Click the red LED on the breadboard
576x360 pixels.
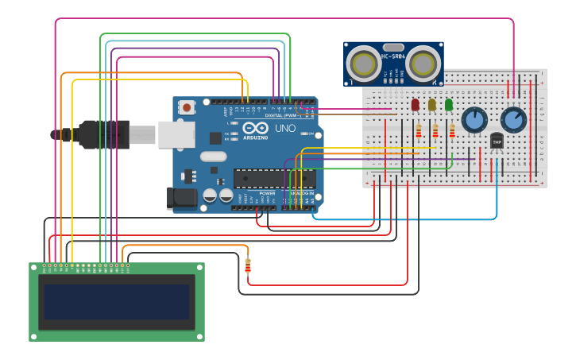click(415, 104)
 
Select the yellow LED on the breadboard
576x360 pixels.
click(432, 104)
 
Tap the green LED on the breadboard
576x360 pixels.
click(449, 104)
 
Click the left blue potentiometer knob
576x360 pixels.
click(474, 120)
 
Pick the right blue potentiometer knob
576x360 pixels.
click(513, 120)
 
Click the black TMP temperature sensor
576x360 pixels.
click(497, 141)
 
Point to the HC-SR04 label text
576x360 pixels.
click(393, 56)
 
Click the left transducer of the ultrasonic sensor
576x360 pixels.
click(365, 64)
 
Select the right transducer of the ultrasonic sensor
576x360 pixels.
click(423, 64)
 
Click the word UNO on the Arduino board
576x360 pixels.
click(285, 128)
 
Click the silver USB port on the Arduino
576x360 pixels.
click(176, 134)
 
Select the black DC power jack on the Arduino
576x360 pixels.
click(182, 198)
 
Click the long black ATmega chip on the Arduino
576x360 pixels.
click(273, 179)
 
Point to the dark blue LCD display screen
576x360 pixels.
click(116, 302)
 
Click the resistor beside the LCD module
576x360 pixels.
click(248, 266)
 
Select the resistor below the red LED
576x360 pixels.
click(419, 131)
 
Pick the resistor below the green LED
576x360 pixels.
click(452, 131)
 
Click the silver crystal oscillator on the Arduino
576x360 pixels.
click(214, 157)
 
